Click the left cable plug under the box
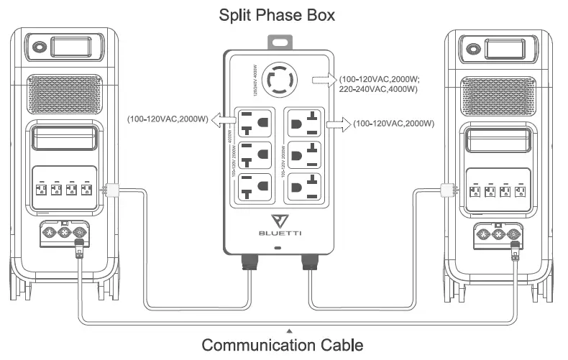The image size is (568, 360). point(250,262)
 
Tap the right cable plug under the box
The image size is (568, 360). point(309,262)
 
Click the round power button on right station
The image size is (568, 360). point(472,50)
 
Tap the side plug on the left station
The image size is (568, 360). point(111,190)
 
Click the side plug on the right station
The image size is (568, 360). point(446,190)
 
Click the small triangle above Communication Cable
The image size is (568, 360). point(289,330)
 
